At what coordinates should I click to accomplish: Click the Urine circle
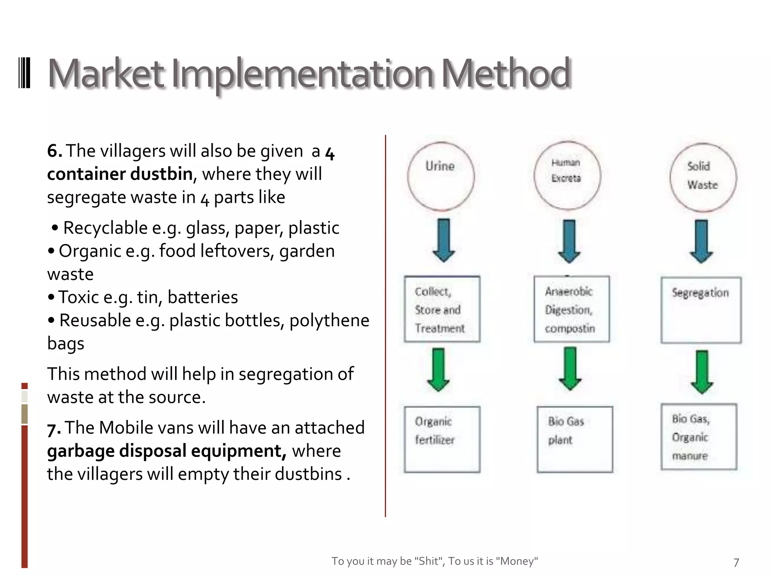441,176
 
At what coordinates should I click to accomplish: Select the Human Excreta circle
567,175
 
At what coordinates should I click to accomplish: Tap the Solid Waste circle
703,177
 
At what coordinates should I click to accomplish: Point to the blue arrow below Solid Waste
701,241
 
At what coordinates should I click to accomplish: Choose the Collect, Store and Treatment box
442,309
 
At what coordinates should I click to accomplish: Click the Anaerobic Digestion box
571,309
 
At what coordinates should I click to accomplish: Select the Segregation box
701,310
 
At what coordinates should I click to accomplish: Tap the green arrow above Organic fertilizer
439,370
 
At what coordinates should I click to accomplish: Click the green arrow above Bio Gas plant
570,369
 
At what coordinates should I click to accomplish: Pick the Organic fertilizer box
442,439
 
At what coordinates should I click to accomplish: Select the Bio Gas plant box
574,439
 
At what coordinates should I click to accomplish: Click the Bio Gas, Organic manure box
699,437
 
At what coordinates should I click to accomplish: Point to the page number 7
736,562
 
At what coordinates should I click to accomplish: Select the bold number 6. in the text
55,151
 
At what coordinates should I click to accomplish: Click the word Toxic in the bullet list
78,297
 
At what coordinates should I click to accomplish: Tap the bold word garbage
81,451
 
